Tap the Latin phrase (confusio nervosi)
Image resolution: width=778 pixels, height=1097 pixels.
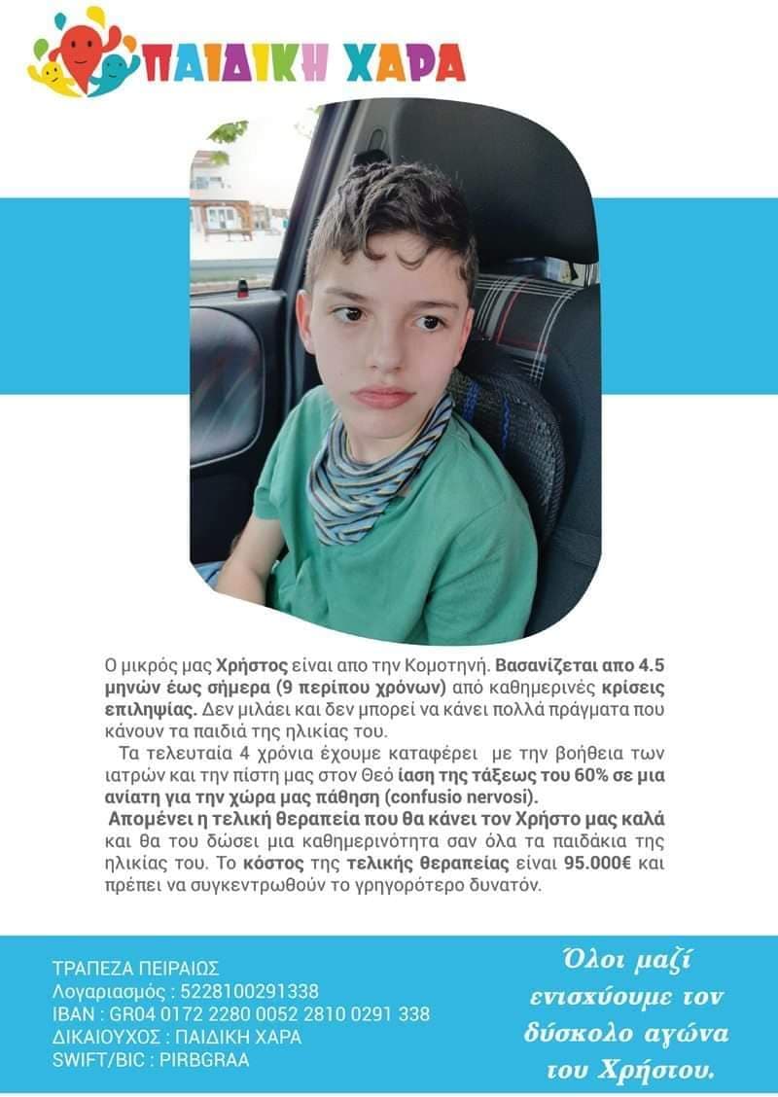point(442,796)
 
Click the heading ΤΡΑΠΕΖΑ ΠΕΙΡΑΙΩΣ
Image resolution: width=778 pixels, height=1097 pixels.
point(135,968)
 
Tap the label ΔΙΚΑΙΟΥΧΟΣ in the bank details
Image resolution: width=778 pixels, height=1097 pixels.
point(108,1037)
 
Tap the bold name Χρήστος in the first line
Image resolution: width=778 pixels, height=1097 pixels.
point(255,666)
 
